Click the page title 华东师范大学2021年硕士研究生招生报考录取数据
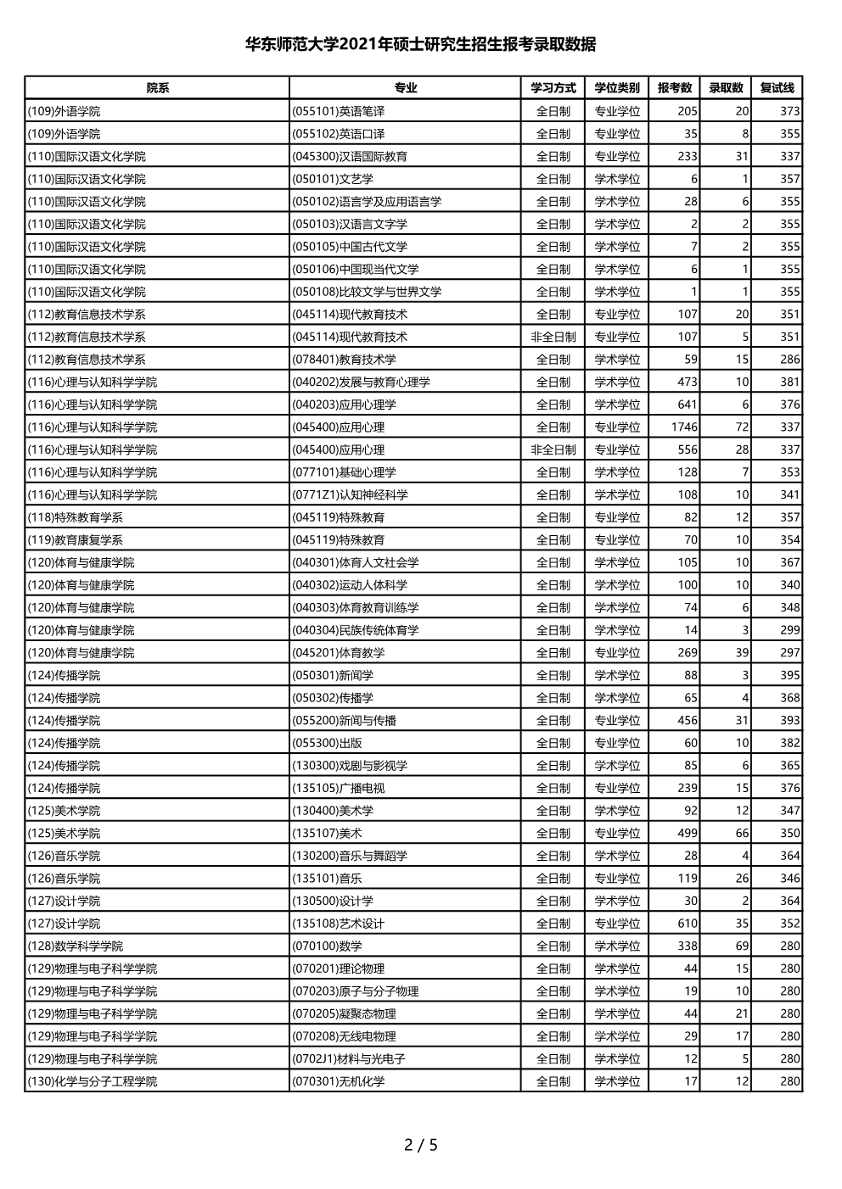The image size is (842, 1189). [420, 44]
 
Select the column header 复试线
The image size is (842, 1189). [777, 88]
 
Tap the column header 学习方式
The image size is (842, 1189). [553, 88]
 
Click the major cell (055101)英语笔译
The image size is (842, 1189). [339, 111]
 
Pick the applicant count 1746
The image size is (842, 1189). [684, 427]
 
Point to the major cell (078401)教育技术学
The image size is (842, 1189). [344, 360]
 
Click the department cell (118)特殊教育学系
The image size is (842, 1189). [76, 517]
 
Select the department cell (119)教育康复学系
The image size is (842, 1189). [76, 540]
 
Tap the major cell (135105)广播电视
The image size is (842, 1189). [339, 788]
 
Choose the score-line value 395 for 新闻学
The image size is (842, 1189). [789, 675]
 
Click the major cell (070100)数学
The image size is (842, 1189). [327, 946]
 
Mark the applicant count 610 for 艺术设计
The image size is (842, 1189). [688, 924]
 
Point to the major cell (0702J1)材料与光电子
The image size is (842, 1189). [349, 1059]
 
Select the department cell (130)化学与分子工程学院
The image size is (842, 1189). [93, 1081]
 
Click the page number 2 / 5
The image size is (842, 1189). [420, 1145]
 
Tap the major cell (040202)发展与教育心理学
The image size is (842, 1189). [361, 382]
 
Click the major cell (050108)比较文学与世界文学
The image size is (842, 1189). [367, 292]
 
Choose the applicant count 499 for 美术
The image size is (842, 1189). [688, 833]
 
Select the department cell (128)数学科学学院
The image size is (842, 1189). [76, 946]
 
